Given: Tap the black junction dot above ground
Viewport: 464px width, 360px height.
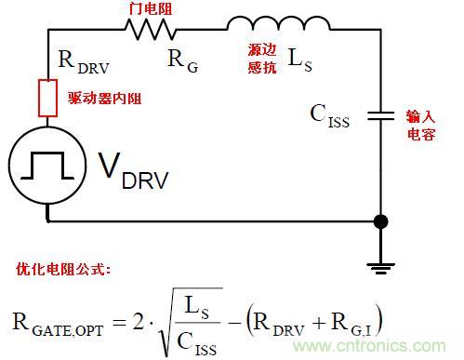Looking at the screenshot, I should (x=381, y=222).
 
